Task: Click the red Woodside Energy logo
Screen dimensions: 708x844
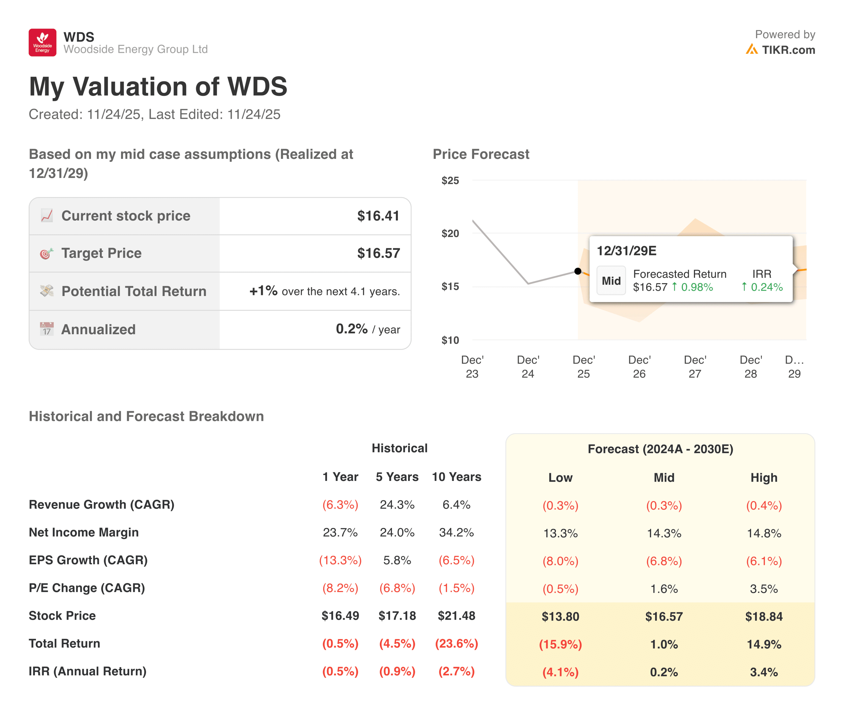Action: pos(42,42)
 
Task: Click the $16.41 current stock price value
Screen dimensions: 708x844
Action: pos(378,216)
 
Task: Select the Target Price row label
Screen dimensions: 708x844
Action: pos(101,253)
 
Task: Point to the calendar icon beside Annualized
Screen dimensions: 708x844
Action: pos(46,329)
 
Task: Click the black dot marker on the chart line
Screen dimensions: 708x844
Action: pos(578,271)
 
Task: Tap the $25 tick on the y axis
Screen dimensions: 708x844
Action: pos(450,180)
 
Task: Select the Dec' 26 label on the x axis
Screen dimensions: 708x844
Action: pos(639,367)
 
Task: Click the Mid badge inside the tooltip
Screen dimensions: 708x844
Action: pos(611,280)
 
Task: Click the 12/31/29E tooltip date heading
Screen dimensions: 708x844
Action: pos(626,251)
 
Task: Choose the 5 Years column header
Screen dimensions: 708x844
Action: pos(397,477)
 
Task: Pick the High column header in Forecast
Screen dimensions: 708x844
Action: pos(764,477)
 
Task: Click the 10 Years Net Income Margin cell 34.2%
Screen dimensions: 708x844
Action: pos(456,532)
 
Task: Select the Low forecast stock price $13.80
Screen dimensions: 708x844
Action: pos(560,616)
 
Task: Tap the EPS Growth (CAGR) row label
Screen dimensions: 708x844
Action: pos(88,560)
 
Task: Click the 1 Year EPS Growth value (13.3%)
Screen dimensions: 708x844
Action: pos(340,560)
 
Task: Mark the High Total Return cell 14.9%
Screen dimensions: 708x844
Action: pos(764,644)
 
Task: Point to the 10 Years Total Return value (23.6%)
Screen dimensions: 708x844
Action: pos(456,643)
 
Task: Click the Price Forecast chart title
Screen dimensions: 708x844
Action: pos(481,154)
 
